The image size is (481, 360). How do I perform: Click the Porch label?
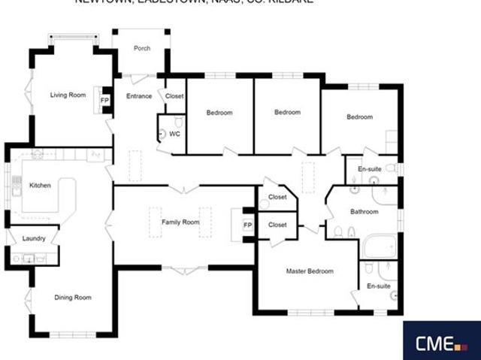click(142, 49)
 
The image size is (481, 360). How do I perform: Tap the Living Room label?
click(68, 95)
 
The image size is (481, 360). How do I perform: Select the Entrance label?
click(139, 96)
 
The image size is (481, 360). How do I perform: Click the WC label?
click(174, 134)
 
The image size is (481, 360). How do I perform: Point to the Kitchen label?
click(39, 186)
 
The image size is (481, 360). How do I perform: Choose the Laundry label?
click(35, 239)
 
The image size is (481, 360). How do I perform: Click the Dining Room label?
click(73, 298)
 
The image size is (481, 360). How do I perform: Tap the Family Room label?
click(180, 222)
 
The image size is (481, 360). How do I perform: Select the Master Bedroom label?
click(310, 271)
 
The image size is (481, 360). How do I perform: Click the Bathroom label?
click(364, 212)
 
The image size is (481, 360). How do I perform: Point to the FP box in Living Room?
click(104, 100)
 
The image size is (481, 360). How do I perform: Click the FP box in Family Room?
click(247, 225)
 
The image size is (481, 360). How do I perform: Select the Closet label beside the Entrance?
click(174, 96)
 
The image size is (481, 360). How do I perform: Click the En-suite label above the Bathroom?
click(368, 170)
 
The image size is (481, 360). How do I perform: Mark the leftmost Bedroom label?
click(219, 113)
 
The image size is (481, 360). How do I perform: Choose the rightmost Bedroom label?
click(360, 117)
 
